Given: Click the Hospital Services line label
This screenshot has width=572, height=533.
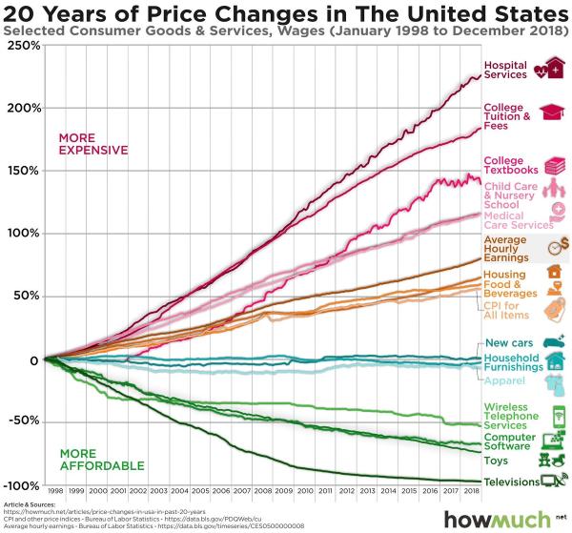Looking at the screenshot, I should (505, 70).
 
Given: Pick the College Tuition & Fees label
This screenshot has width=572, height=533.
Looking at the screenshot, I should (505, 115).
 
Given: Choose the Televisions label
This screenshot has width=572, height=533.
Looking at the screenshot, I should (511, 482).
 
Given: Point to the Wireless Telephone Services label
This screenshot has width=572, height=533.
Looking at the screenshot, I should (511, 416).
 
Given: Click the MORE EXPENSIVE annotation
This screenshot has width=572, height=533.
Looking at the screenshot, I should (92, 144).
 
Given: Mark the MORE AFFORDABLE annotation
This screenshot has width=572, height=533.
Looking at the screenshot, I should (101, 459).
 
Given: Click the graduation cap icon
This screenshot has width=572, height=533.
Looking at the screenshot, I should (552, 113).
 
